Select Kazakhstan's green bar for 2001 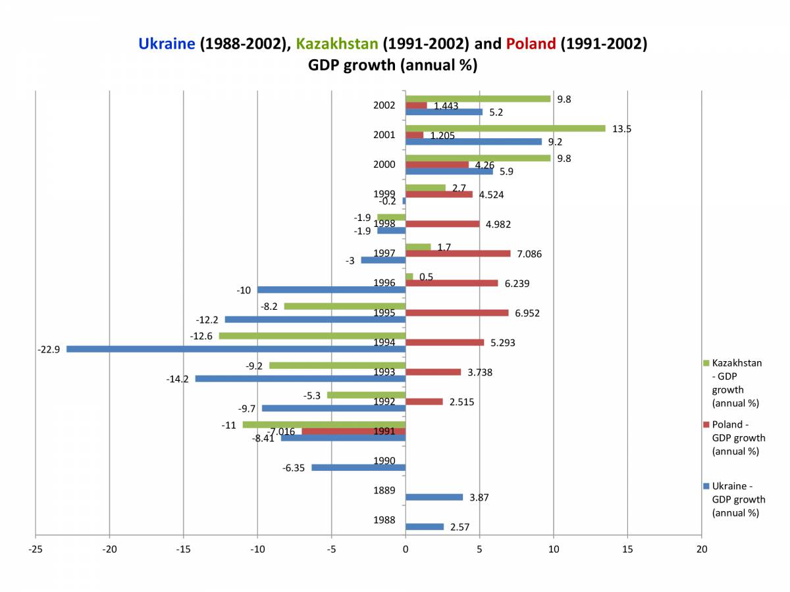click(x=505, y=128)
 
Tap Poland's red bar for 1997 click(x=458, y=253)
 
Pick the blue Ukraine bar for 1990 click(x=358, y=468)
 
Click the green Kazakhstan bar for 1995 click(x=344, y=306)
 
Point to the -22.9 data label click(x=49, y=350)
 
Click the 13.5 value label click(x=621, y=129)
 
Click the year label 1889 click(x=384, y=490)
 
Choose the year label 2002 click(x=384, y=105)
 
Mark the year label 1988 click(x=384, y=520)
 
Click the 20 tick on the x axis click(x=702, y=549)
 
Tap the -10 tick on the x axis click(x=257, y=549)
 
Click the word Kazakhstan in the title click(x=337, y=44)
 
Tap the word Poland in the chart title click(x=531, y=44)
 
